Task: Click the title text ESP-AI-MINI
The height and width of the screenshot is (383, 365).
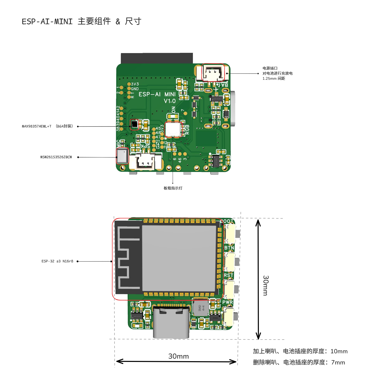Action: coord(47,22)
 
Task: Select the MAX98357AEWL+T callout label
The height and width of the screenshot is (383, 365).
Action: coord(37,126)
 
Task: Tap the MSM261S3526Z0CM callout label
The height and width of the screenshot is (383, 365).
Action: coord(56,157)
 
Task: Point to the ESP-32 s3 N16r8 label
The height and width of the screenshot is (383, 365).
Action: coord(57,261)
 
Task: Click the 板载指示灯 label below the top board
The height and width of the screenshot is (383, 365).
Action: coord(173,188)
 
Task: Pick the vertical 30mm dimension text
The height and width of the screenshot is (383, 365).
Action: coord(266,285)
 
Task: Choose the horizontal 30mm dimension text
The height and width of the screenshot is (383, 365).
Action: coord(178,356)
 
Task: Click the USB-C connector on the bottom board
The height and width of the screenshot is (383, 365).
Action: coord(171,322)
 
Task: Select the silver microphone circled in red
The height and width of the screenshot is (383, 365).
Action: coord(122,156)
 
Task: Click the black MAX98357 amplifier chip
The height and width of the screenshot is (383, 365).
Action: coord(134,124)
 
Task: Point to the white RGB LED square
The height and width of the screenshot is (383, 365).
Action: coord(173,129)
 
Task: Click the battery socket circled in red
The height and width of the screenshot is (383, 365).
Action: coord(213,72)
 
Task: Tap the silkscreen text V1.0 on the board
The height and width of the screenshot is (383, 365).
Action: coord(170,101)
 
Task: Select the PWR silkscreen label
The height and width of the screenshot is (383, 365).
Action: coord(227,302)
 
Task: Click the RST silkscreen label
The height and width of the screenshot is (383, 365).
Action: coord(228,275)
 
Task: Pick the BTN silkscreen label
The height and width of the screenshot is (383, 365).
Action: coord(229,248)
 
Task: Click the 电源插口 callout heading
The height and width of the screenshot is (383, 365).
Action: coord(270,68)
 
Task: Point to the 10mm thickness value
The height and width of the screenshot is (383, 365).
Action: coord(339,351)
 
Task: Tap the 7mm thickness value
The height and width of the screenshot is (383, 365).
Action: coord(338,362)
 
